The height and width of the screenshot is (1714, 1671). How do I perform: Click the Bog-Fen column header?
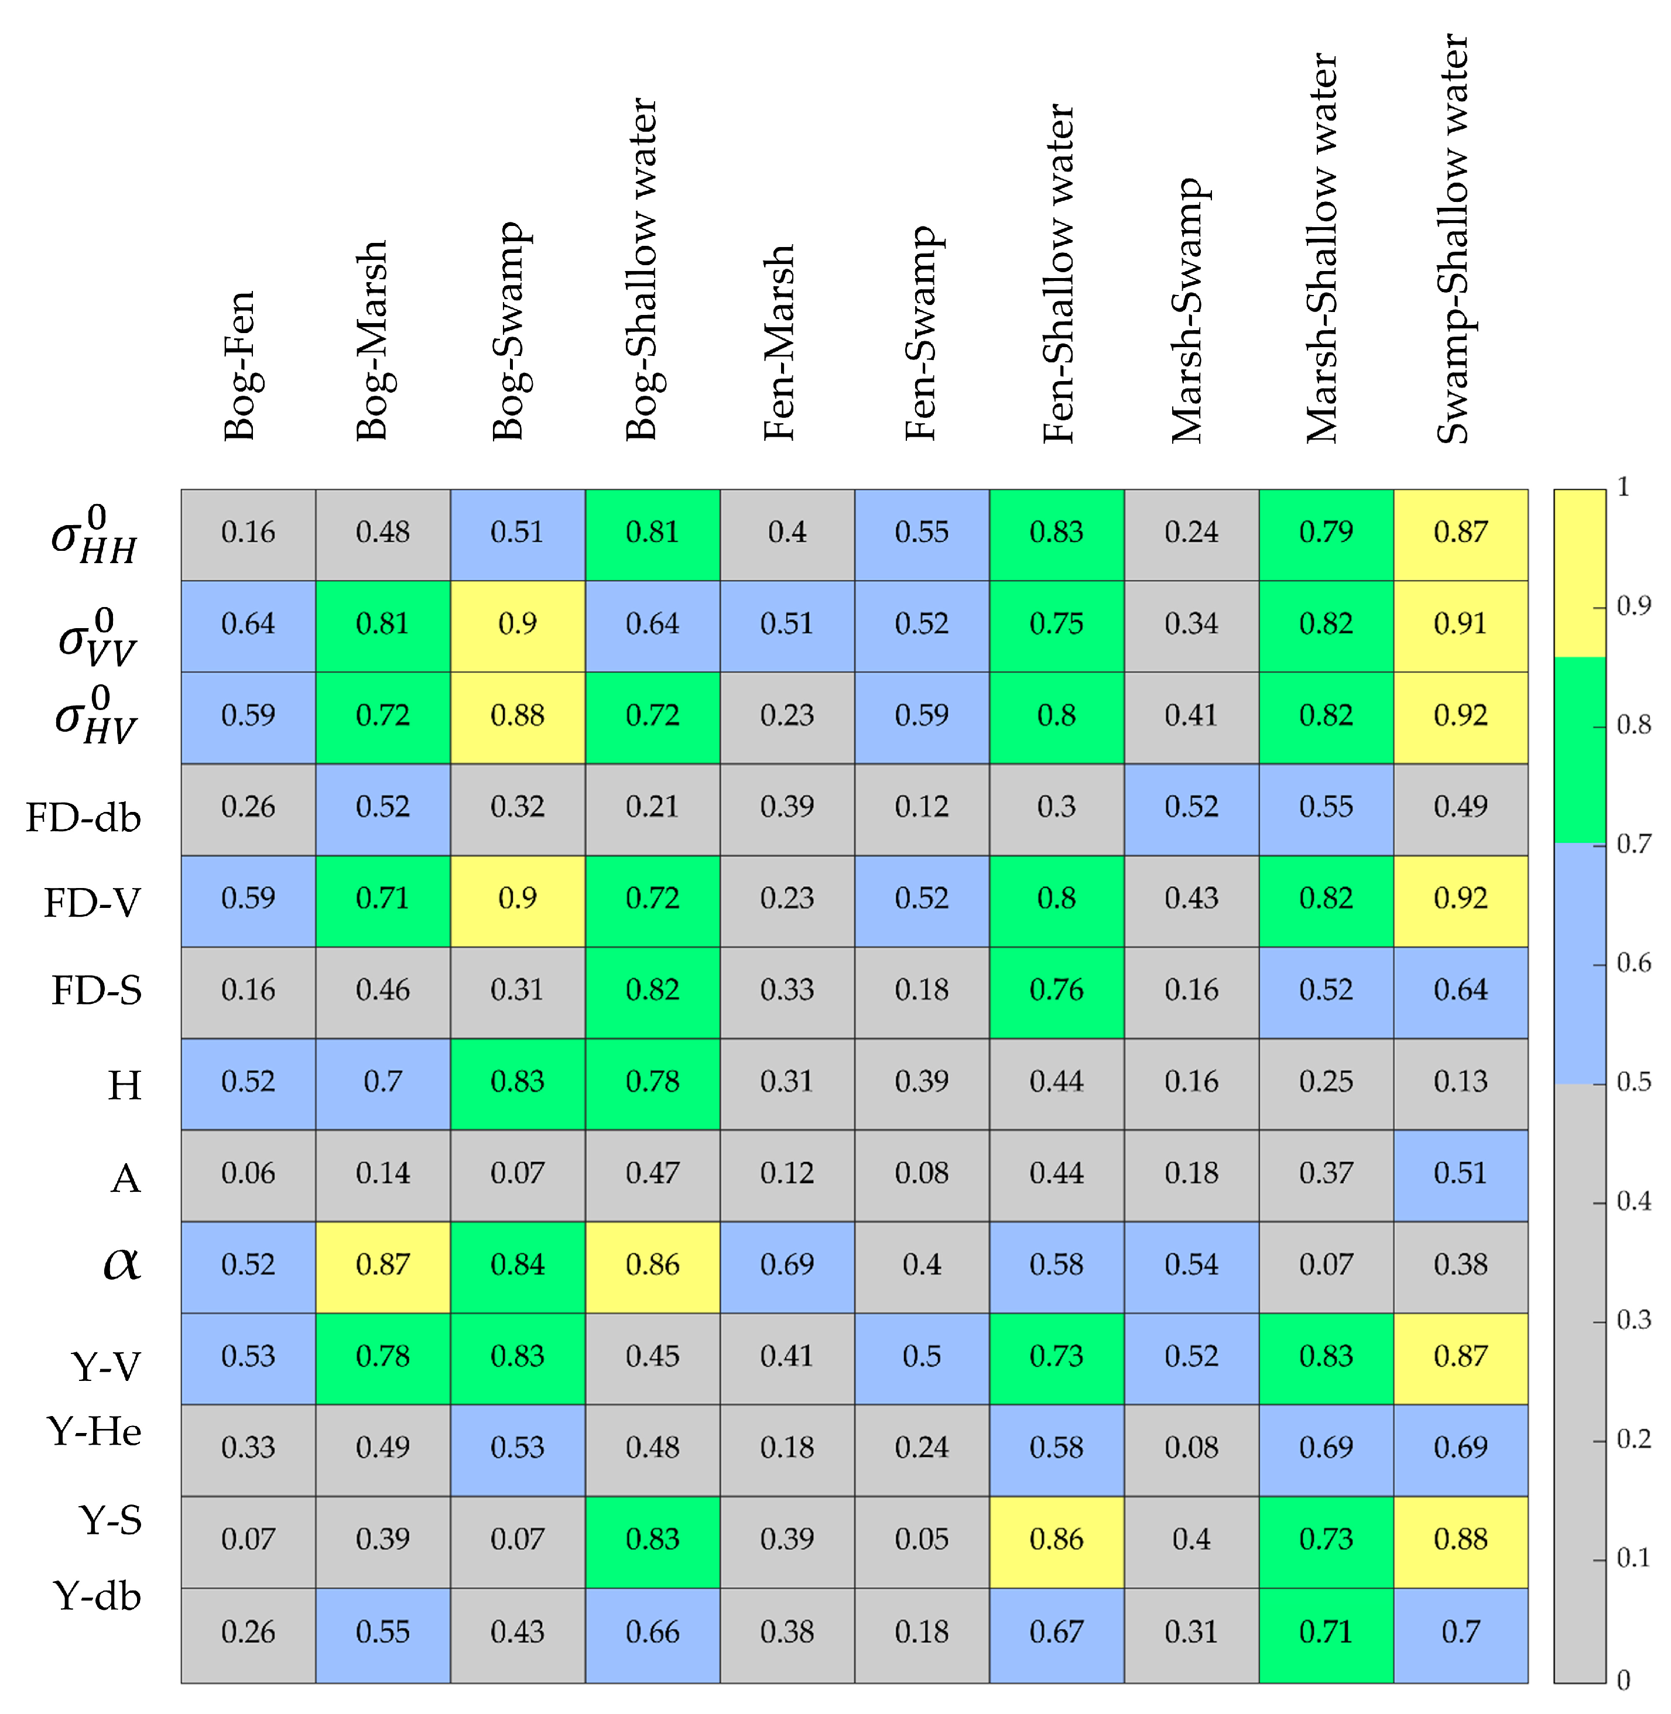coord(239,364)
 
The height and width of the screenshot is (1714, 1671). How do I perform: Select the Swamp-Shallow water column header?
coord(1453,239)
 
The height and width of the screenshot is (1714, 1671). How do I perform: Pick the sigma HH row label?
coord(94,536)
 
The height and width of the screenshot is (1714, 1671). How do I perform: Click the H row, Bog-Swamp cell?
coord(517,1081)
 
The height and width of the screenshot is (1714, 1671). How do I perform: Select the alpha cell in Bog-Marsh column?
coord(383,1264)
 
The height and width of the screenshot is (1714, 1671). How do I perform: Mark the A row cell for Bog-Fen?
coord(248,1173)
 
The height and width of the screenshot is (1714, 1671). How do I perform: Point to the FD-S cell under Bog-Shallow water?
coord(652,990)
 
